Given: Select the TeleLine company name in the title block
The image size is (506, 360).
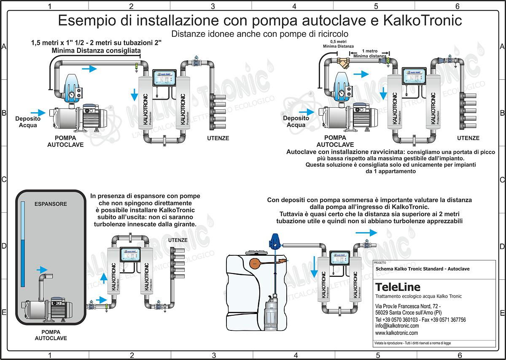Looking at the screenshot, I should (x=398, y=287).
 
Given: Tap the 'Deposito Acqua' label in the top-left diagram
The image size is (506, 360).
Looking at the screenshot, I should (x=28, y=122).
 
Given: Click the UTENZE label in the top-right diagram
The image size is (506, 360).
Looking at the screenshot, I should (x=468, y=138).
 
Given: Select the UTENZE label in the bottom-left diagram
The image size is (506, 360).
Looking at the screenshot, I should (x=178, y=240).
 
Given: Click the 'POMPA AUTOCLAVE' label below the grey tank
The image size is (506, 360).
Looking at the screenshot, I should (x=51, y=335).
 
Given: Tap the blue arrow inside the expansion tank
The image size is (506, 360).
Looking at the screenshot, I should (x=42, y=269).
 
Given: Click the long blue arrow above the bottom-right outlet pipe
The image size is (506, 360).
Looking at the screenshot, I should (x=366, y=233).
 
